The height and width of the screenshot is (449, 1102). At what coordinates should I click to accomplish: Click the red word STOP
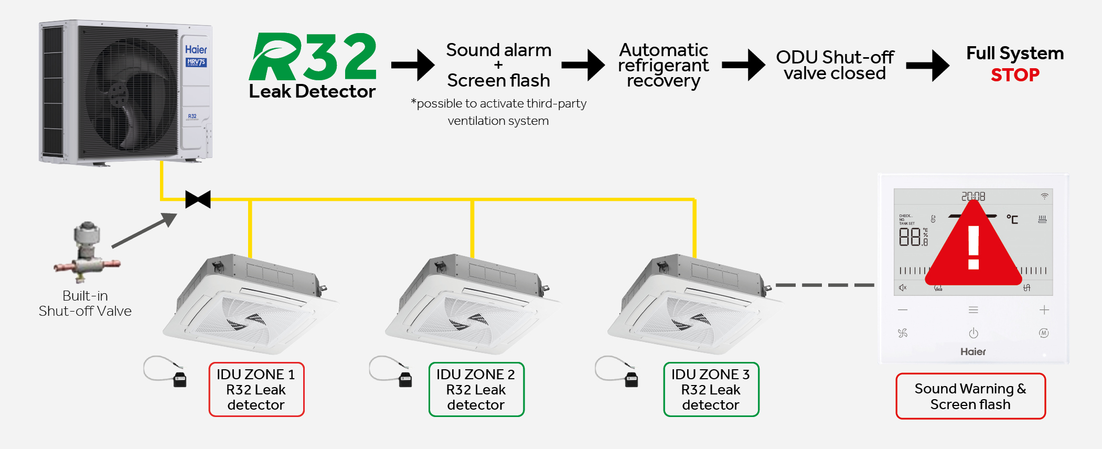point(1014,75)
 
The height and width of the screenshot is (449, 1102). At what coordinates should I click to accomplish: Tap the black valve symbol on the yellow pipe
point(198,199)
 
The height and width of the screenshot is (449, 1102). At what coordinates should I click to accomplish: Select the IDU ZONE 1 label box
point(256,389)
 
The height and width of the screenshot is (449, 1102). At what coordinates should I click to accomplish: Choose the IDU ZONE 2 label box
point(476,389)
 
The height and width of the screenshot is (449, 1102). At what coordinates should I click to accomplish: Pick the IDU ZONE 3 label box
point(711,389)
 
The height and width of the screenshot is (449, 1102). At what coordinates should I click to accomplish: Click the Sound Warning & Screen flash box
point(970,396)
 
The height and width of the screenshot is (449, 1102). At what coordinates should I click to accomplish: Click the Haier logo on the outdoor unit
point(196,50)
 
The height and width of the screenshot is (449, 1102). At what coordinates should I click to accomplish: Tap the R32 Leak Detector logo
point(313,66)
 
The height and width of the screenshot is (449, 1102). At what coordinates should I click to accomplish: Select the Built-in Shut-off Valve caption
point(85,303)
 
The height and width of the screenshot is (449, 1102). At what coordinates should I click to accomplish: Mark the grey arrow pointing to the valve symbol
point(144,230)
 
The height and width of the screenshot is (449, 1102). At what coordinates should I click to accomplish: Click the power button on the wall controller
point(973,333)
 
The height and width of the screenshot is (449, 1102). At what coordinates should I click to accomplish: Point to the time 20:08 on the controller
point(973,197)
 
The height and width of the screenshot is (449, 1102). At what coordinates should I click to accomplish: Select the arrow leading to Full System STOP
point(927,66)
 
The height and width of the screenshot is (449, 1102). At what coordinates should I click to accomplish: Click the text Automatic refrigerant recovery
point(663,66)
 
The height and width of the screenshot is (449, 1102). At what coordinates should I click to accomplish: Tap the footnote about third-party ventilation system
point(498,112)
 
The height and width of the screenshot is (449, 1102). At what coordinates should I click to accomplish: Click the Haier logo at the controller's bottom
point(973,352)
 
